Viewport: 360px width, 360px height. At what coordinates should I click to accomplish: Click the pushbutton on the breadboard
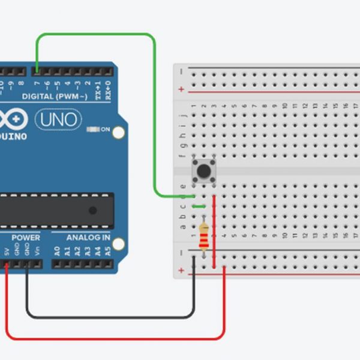203,171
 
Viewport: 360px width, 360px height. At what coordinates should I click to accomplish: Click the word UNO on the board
58,120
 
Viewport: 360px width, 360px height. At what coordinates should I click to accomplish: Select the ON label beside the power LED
105,129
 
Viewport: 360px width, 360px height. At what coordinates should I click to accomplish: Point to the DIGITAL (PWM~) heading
55,96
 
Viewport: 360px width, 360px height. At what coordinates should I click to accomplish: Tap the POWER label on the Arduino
26,238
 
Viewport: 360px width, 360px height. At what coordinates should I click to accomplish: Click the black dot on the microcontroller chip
92,210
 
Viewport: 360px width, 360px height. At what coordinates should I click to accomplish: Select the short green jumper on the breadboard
199,207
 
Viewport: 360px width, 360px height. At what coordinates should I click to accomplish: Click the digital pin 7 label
37,83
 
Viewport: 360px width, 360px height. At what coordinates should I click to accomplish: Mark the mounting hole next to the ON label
119,133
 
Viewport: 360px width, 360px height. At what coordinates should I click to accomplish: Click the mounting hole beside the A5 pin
119,244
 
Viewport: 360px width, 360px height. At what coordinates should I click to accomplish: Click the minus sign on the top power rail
181,70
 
